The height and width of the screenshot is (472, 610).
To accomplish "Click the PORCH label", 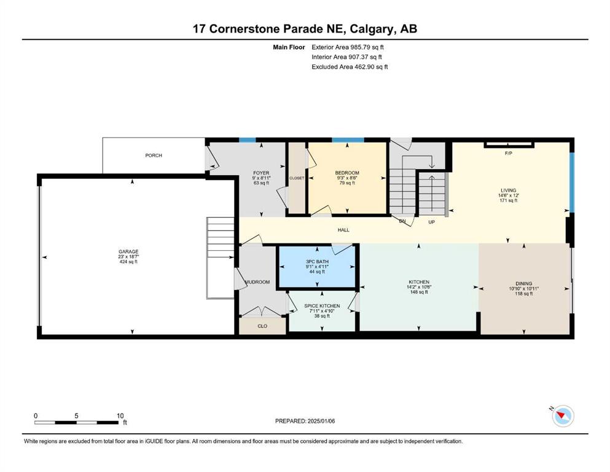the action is pyautogui.click(x=154, y=155).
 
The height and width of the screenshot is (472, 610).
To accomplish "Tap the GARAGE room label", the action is pyautogui.click(x=128, y=252).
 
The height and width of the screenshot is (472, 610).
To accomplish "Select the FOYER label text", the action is pyautogui.click(x=261, y=173).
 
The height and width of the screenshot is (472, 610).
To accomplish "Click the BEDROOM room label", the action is pyautogui.click(x=347, y=173).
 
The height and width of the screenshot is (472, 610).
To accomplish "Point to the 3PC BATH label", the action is pyautogui.click(x=317, y=261).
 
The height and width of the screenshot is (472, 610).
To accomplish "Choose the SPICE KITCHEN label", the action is pyautogui.click(x=322, y=306).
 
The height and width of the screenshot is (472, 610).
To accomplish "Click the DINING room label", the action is pyautogui.click(x=523, y=284).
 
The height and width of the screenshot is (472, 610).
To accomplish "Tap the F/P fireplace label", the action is pyautogui.click(x=509, y=153).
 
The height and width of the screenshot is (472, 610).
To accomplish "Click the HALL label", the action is pyautogui.click(x=343, y=230).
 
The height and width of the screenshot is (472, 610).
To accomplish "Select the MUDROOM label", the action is pyautogui.click(x=257, y=282).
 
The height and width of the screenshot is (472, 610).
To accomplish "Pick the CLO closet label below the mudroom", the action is pyautogui.click(x=262, y=326).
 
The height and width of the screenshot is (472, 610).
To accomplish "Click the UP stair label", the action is pyautogui.click(x=431, y=222).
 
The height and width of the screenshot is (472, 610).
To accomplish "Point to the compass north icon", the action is pyautogui.click(x=563, y=416).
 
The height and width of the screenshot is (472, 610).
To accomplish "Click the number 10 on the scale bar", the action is pyautogui.click(x=120, y=416).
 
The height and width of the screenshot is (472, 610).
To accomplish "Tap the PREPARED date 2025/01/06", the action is pyautogui.click(x=321, y=421).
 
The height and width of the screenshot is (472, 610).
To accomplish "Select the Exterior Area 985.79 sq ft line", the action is pyautogui.click(x=348, y=47).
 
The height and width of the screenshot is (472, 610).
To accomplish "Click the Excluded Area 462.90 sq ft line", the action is pyautogui.click(x=350, y=67).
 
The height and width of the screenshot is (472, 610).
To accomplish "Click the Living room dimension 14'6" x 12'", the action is pyautogui.click(x=509, y=195).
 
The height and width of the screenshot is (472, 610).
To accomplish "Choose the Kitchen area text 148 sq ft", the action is pyautogui.click(x=419, y=292).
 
